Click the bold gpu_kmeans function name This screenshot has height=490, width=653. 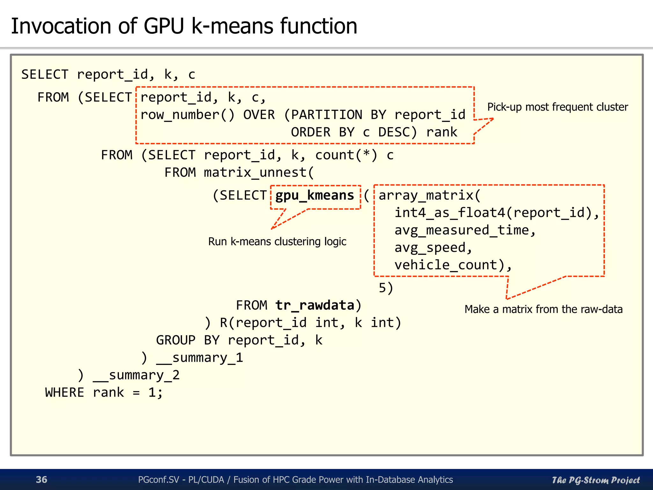(x=315, y=195)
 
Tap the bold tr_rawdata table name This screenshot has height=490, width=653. (x=315, y=305)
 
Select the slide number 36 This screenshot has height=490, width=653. (x=41, y=479)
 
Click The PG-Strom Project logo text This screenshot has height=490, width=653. (x=596, y=480)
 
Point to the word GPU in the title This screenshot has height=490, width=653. (x=164, y=26)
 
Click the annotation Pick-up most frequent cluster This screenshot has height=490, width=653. (x=557, y=107)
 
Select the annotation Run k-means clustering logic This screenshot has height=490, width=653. (x=277, y=241)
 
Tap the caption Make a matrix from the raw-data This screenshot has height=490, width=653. (x=543, y=309)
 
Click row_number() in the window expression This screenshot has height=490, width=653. (x=187, y=115)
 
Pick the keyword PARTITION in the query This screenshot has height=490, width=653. (x=326, y=115)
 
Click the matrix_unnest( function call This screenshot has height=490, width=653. (x=259, y=173)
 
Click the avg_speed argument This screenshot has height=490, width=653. (x=430, y=248)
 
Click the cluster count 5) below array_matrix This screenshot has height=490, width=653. (x=385, y=288)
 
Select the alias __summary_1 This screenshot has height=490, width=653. (x=200, y=358)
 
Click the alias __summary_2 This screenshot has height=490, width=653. (x=136, y=375)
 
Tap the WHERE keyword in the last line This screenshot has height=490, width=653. (x=65, y=392)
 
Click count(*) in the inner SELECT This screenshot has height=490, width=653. (x=346, y=155)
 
